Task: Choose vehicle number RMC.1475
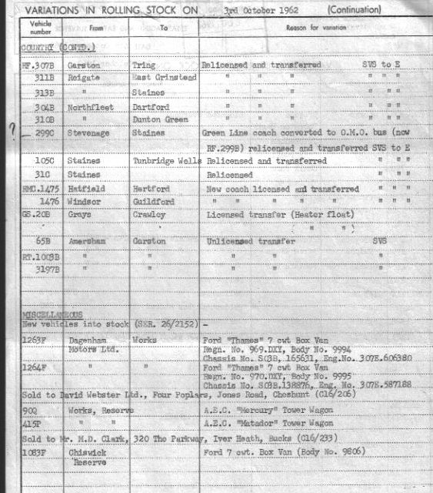(41, 189)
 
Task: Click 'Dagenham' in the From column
(88, 342)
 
